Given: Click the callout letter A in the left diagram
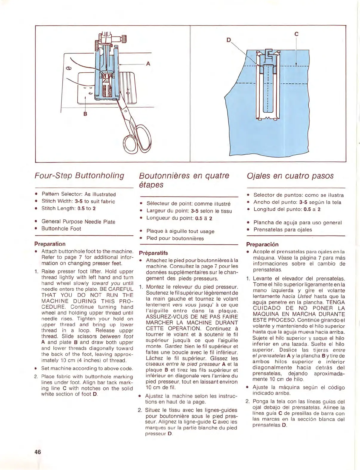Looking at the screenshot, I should pyautogui.click(x=148, y=64).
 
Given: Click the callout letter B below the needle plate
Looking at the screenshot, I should pyautogui.click(x=85, y=114).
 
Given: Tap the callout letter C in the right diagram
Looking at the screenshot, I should pyautogui.click(x=296, y=34).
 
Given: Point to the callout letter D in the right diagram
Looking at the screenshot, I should pyautogui.click(x=229, y=40).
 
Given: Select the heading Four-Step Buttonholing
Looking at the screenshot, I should pyautogui.click(x=79, y=175).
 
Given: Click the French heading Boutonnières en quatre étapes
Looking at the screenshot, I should pyautogui.click(x=184, y=180).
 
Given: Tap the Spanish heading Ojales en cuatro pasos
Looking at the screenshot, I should pyautogui.click(x=290, y=176).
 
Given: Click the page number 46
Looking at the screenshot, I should pyautogui.click(x=37, y=452).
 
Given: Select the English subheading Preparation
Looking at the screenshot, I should pyautogui.click(x=50, y=244).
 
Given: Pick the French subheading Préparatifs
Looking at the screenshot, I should pyautogui.click(x=153, y=253).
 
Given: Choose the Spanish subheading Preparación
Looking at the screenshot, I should pyautogui.click(x=262, y=244).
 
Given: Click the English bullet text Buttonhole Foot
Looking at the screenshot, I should pyautogui.click(x=61, y=229).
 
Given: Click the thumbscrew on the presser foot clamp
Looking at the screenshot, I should pyautogui.click(x=122, y=39).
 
